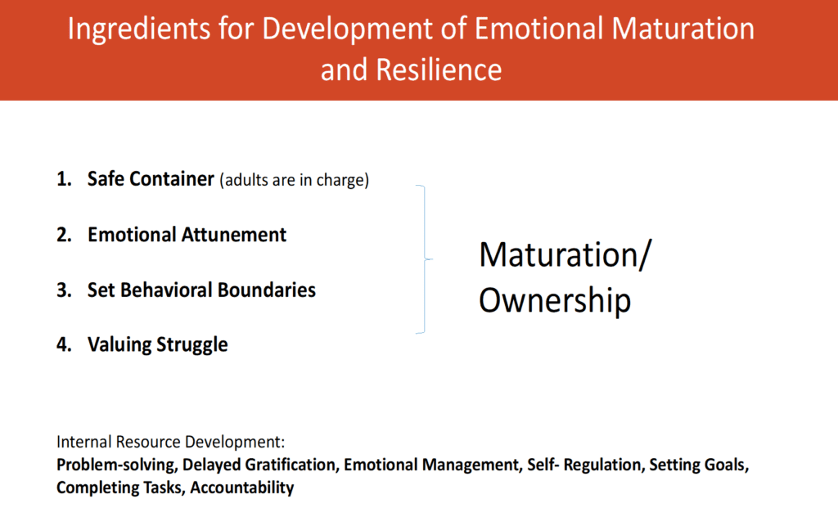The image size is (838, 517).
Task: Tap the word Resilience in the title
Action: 439,70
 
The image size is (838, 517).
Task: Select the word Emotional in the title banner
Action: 539,29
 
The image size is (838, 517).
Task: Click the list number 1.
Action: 64,179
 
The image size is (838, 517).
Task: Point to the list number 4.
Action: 64,344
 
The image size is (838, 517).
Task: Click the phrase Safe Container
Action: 151,179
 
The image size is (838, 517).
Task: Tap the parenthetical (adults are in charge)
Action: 295,180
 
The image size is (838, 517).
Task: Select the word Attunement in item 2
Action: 233,235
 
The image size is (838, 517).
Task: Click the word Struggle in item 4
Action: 192,345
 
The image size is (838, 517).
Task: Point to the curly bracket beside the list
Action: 425,259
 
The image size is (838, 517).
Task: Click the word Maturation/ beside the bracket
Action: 565,254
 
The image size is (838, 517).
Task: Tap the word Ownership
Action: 555,300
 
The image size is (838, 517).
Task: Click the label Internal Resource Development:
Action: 170,443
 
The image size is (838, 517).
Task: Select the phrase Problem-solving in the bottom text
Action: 116,465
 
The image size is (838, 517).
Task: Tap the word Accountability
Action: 242,488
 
